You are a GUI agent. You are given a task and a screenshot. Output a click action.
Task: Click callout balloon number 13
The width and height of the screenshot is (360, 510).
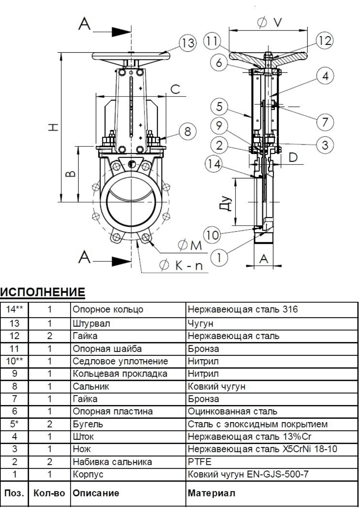(188, 43)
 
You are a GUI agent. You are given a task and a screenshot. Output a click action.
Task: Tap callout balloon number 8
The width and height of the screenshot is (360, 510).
(188, 131)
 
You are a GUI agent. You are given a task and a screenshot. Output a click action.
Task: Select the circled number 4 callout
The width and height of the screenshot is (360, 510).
(325, 76)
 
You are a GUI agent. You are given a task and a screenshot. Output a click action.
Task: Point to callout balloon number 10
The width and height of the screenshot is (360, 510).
(212, 235)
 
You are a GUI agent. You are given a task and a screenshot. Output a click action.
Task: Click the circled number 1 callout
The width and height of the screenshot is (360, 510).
(219, 258)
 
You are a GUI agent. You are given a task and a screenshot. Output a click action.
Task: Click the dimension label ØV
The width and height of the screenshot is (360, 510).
(270, 22)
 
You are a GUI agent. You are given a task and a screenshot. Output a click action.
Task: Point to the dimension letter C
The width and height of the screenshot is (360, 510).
(175, 89)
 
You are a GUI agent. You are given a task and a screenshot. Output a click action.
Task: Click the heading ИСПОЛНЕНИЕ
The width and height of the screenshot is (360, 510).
(42, 292)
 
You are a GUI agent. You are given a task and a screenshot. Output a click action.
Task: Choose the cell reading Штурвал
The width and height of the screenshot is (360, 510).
(91, 323)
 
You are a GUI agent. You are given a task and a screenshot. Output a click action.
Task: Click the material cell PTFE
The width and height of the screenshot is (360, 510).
(200, 462)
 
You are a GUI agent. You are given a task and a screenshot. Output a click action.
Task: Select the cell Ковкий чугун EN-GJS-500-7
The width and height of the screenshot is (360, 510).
(248, 474)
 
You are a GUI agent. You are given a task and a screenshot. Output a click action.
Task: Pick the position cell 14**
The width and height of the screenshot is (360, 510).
(14, 309)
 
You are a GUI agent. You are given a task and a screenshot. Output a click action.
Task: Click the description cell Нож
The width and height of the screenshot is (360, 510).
(82, 449)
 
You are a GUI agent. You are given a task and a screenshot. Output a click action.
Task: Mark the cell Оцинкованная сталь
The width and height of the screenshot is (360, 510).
(233, 411)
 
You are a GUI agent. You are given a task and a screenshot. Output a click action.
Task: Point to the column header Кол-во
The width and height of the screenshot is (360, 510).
(49, 493)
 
